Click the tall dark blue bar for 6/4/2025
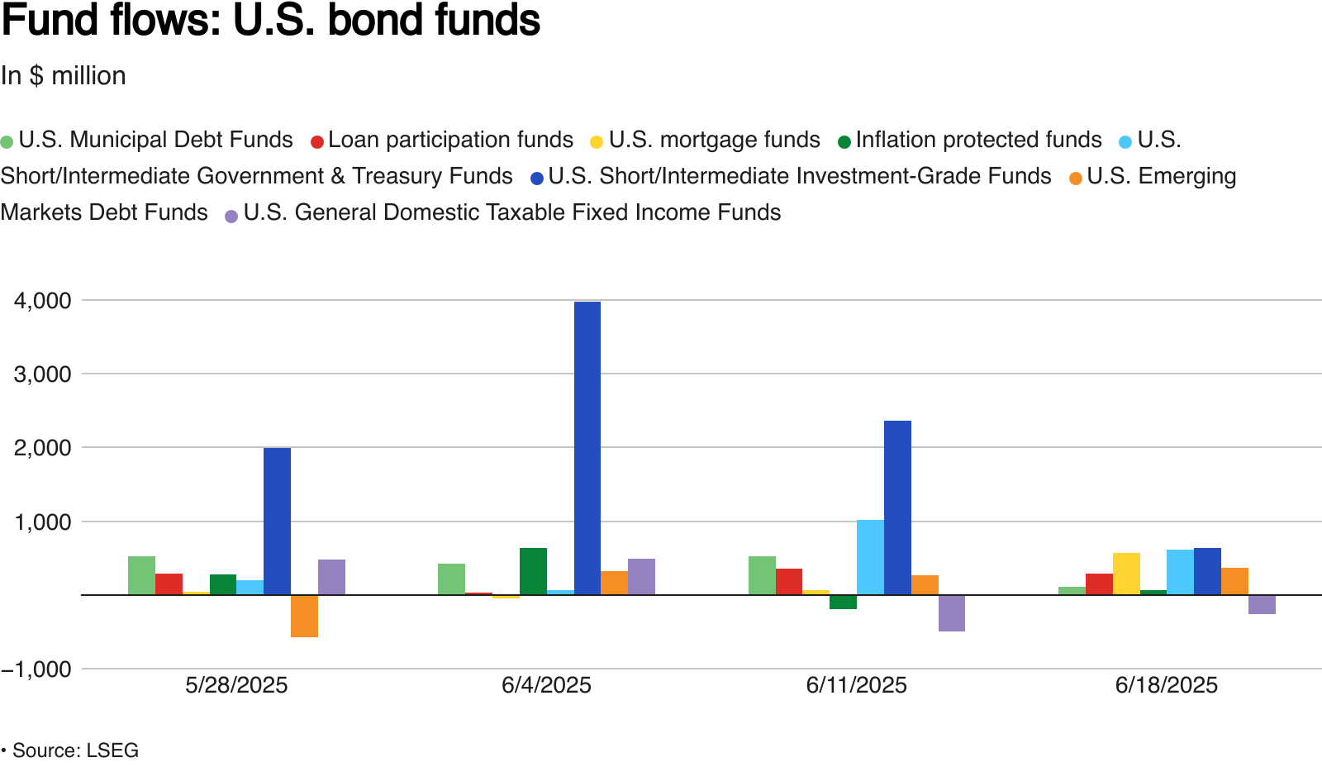(587, 448)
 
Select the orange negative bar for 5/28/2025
(304, 616)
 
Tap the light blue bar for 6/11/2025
(870, 557)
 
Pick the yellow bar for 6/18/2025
(1126, 574)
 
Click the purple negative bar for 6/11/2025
(952, 612)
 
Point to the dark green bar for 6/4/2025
(533, 571)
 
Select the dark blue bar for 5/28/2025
(277, 521)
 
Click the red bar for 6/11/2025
(789, 581)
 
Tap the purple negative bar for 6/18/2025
(1262, 604)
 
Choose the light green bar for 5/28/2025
(141, 575)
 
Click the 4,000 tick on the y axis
(43, 301)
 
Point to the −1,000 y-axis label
(36, 669)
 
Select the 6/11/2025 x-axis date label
(856, 685)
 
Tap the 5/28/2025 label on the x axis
(236, 685)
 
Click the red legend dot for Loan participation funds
(316, 141)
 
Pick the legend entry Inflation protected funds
(978, 140)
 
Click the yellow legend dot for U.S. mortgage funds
(597, 141)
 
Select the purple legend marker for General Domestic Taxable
(231, 215)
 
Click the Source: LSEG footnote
(74, 750)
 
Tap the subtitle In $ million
(64, 76)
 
